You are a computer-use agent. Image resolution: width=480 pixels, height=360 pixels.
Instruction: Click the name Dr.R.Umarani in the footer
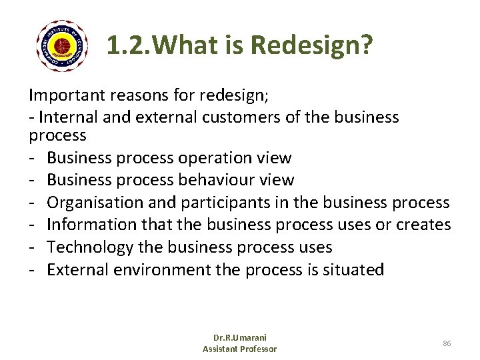tap(239, 337)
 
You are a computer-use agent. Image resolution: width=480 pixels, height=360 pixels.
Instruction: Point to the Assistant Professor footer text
tap(239, 349)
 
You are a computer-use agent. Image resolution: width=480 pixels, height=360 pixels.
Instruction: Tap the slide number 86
tap(447, 343)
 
